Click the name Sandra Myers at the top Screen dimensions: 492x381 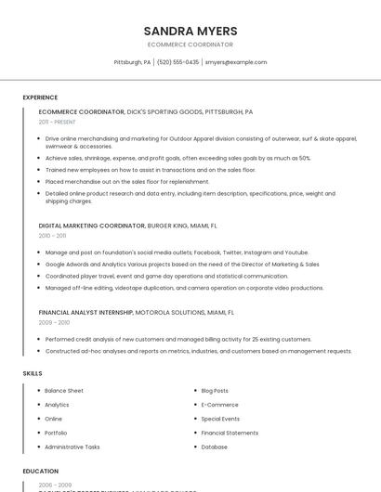click(x=190, y=31)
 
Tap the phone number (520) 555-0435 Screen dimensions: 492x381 click(x=178, y=62)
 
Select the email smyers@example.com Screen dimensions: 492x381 click(x=236, y=62)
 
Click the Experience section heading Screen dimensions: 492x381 click(x=40, y=97)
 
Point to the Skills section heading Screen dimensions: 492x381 click(x=33, y=373)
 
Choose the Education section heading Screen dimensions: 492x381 click(x=41, y=471)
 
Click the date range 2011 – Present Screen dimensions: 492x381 click(x=57, y=122)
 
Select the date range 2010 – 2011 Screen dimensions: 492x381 click(x=52, y=236)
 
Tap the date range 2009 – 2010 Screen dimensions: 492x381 click(x=54, y=322)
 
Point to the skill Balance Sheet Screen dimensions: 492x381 click(x=64, y=391)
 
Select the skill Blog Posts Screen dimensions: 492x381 click(x=215, y=391)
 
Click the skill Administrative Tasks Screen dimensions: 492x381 click(x=72, y=447)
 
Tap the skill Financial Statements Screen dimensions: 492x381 click(x=230, y=433)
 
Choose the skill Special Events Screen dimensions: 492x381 click(x=220, y=419)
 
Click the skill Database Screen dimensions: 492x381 click(x=214, y=447)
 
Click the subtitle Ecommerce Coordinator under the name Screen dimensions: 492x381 click(x=190, y=44)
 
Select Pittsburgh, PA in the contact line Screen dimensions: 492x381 click(x=132, y=62)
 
